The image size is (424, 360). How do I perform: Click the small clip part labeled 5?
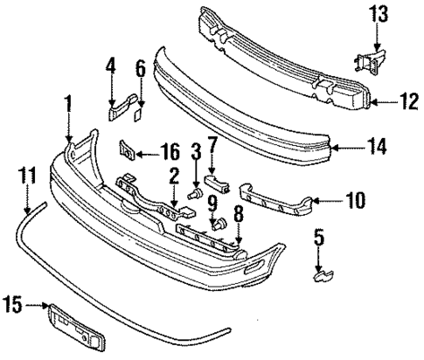click(x=321, y=275)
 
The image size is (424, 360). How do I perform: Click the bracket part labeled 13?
click(x=368, y=61)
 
